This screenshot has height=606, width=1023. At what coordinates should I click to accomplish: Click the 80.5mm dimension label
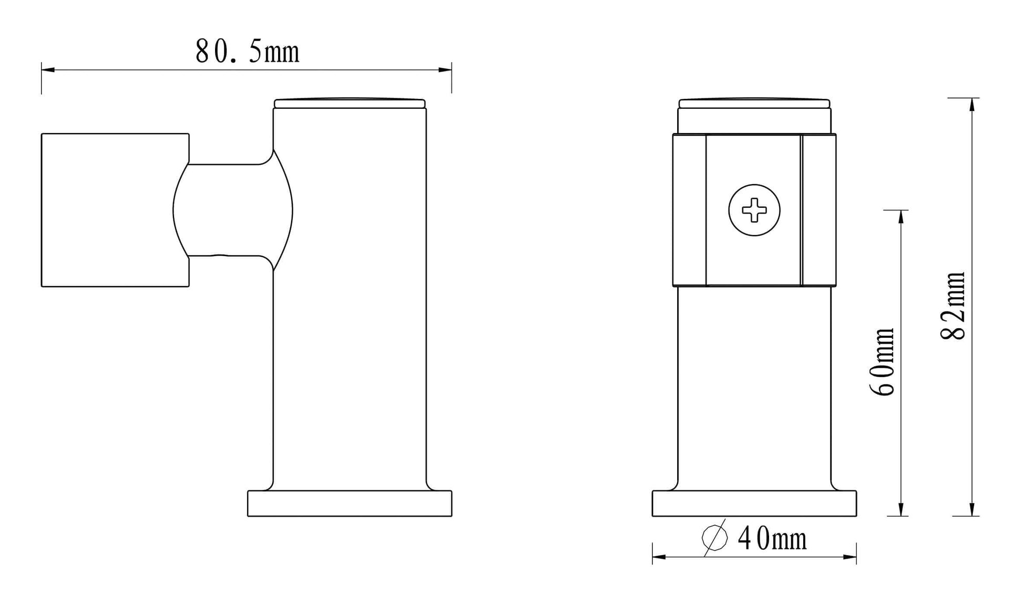click(247, 52)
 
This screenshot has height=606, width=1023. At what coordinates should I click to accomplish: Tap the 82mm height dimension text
click(953, 306)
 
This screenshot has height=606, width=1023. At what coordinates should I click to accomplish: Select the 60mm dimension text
click(882, 361)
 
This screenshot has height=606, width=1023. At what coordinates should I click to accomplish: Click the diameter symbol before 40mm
click(715, 538)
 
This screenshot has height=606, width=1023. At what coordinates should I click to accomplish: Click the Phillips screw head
click(754, 210)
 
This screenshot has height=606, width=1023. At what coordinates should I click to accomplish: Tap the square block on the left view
click(115, 210)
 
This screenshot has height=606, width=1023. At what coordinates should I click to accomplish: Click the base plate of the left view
click(350, 503)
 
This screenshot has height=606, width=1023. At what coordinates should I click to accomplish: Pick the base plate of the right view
click(754, 503)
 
